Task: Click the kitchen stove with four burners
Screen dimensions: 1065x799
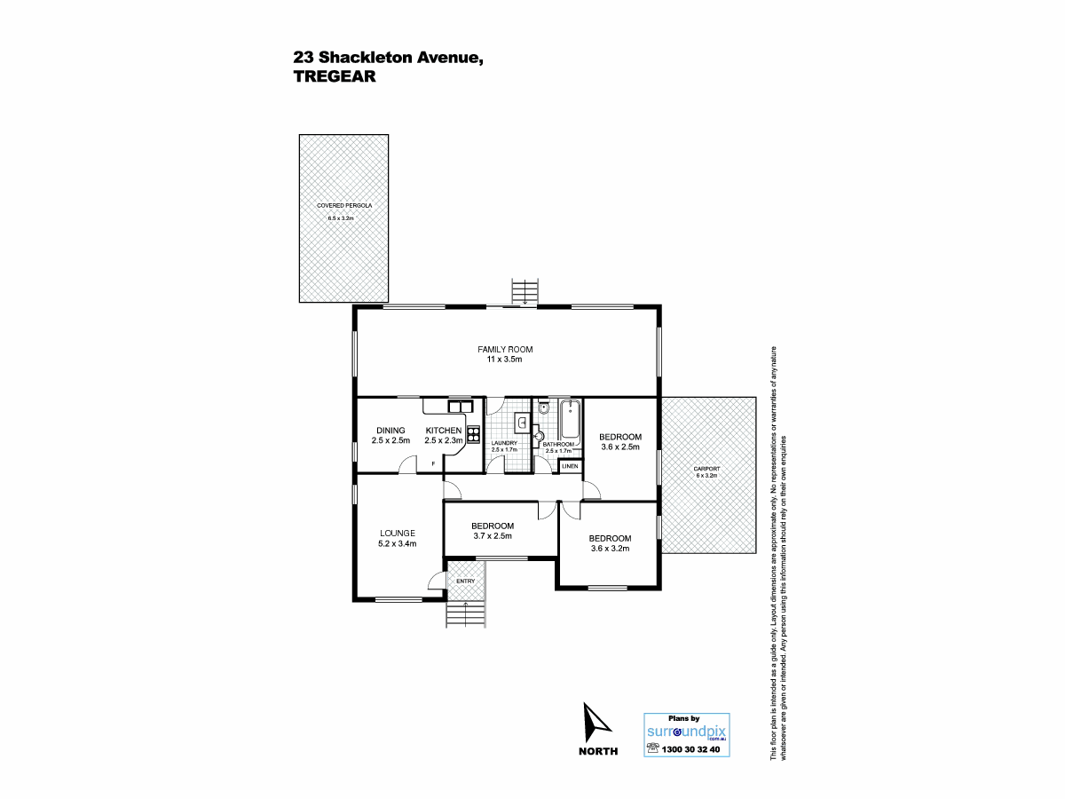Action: point(473,434)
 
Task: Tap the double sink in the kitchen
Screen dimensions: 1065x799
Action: point(460,406)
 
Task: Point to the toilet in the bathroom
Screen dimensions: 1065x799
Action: point(543,408)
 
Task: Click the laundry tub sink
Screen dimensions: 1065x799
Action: point(522,423)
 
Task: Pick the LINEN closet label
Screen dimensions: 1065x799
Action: point(570,466)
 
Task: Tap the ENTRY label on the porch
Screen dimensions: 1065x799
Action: point(465,581)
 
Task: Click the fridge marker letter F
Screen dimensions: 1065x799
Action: point(433,464)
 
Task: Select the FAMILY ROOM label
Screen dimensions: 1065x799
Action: point(505,349)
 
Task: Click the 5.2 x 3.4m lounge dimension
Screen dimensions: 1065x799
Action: point(398,544)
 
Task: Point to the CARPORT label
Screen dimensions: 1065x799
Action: point(706,469)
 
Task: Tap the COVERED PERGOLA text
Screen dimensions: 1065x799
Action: point(344,206)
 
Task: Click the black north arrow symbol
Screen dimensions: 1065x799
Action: point(596,723)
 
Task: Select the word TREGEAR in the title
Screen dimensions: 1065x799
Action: point(335,76)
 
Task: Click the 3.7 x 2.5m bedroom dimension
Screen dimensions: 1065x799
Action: point(493,536)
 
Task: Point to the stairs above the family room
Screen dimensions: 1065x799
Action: point(525,291)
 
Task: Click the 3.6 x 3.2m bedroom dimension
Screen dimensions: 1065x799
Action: point(610,549)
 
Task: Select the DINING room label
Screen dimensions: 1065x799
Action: point(390,431)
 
